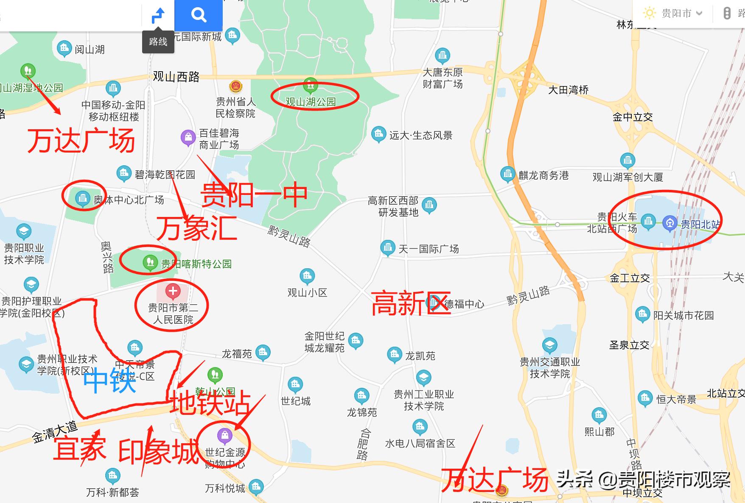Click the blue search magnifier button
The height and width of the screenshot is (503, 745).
pyautogui.click(x=199, y=15)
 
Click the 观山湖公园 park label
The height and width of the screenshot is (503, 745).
pyautogui.click(x=311, y=102)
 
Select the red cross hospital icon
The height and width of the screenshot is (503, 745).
pyautogui.click(x=173, y=291)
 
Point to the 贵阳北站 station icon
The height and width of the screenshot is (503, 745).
pyautogui.click(x=669, y=223)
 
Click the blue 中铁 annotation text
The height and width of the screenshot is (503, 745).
pyautogui.click(x=109, y=381)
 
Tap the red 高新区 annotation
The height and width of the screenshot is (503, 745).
pyautogui.click(x=410, y=303)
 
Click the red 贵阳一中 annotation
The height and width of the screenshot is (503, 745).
pyautogui.click(x=254, y=195)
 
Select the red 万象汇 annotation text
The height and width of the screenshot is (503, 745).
pyautogui.click(x=197, y=228)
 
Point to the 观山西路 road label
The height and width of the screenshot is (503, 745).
pyautogui.click(x=176, y=77)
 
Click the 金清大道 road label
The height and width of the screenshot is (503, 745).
pyautogui.click(x=55, y=431)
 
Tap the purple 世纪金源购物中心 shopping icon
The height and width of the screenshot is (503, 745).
pyautogui.click(x=224, y=435)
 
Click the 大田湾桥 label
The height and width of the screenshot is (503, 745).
pyautogui.click(x=568, y=90)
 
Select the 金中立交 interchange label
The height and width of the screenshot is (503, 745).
pyautogui.click(x=632, y=117)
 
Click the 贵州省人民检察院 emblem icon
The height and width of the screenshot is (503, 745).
pyautogui.click(x=235, y=86)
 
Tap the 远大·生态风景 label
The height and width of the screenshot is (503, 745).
pyautogui.click(x=420, y=136)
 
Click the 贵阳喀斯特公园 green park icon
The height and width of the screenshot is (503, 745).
pyautogui.click(x=149, y=262)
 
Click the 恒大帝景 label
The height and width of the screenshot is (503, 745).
pyautogui.click(x=676, y=400)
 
